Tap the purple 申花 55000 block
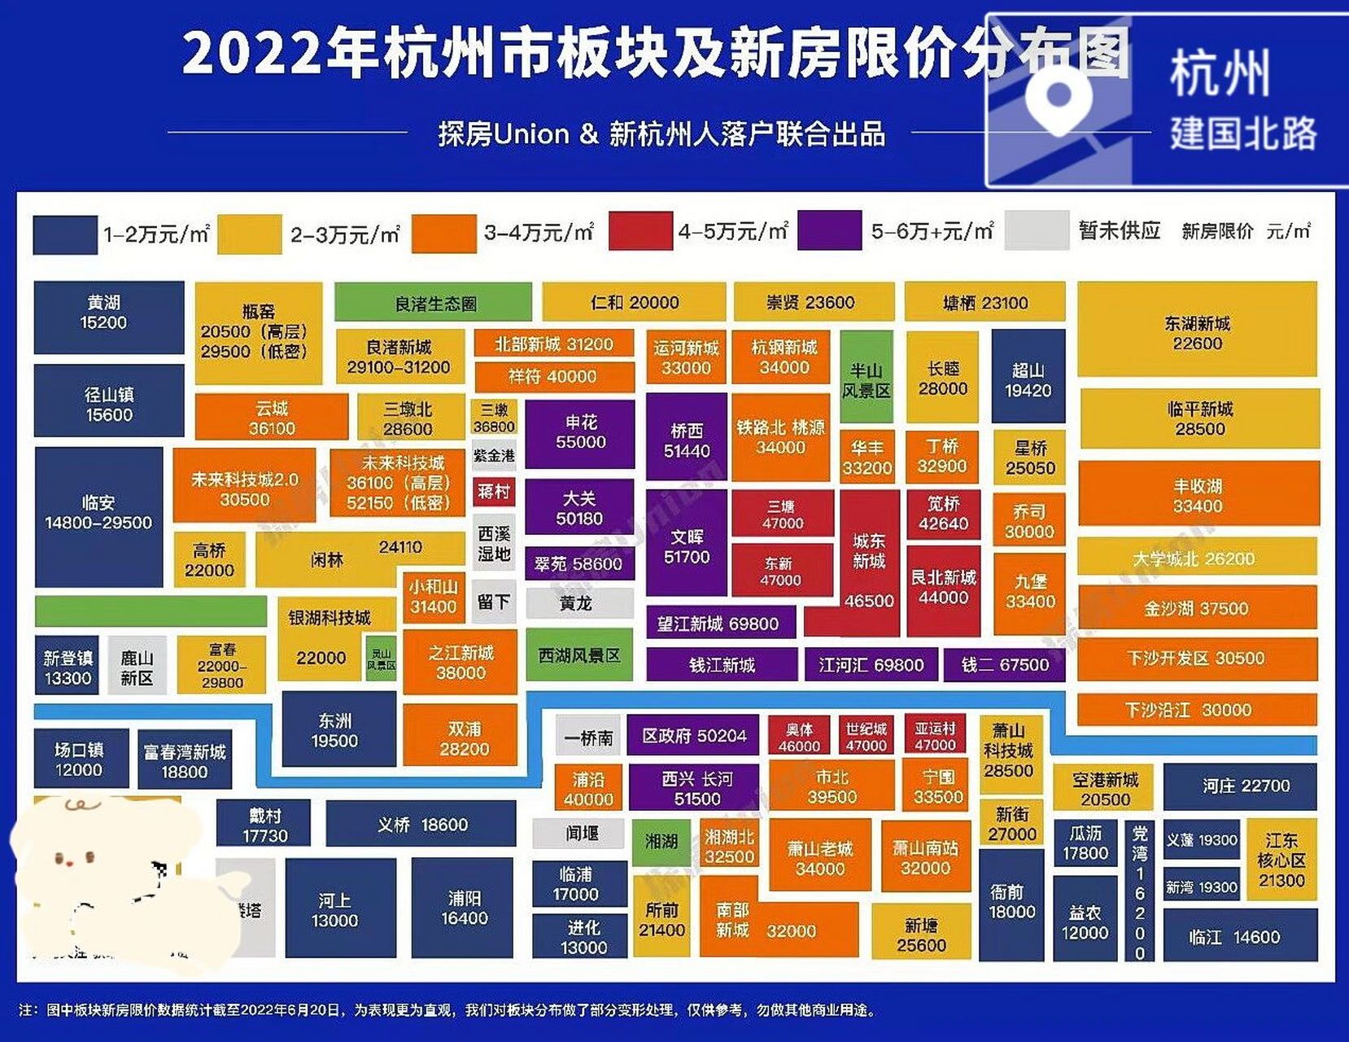[x=579, y=433]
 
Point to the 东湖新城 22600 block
[x=1197, y=330]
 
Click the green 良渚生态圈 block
[x=433, y=303]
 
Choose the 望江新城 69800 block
[x=719, y=624]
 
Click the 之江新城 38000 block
[x=460, y=662]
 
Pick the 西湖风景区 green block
[x=578, y=655]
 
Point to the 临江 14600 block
[x=1239, y=936]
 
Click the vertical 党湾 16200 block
[x=1140, y=891]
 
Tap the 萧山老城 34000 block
[x=819, y=857]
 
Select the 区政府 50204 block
[x=693, y=736]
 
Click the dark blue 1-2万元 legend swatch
[x=64, y=234]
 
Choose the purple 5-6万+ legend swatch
[x=829, y=231]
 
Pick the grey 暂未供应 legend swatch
[x=1036, y=231]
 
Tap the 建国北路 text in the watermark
[x=1242, y=134]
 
